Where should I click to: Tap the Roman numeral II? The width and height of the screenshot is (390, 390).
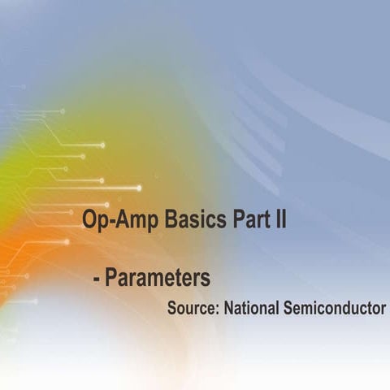(279, 220)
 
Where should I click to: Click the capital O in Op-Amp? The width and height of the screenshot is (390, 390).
(89, 220)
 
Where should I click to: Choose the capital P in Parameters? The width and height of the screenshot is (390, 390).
(111, 279)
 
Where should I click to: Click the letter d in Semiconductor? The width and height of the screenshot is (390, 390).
(358, 309)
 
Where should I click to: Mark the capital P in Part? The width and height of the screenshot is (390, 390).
(232, 220)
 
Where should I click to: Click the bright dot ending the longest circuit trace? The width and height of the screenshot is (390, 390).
(139, 188)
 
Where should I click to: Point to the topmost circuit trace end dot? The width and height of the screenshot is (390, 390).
(62, 110)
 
